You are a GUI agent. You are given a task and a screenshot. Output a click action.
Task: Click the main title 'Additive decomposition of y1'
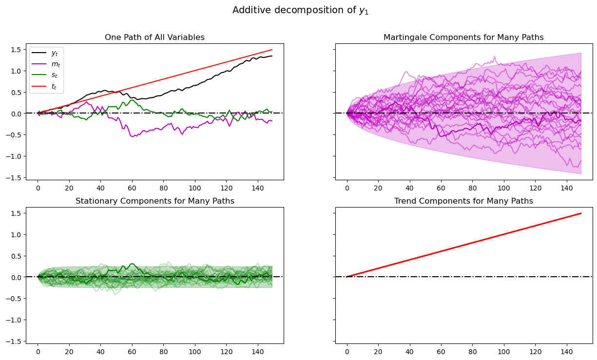[300, 10]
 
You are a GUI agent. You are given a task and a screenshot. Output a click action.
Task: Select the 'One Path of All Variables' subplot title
[154, 38]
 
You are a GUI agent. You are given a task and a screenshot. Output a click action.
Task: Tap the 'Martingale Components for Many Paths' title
[463, 38]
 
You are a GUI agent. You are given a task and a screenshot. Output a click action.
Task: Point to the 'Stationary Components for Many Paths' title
[154, 201]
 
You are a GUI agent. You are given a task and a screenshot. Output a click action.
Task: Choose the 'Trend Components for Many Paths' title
[463, 201]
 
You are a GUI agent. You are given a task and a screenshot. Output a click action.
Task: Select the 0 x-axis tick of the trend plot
[347, 351]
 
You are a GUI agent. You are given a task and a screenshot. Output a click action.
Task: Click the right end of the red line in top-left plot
[272, 50]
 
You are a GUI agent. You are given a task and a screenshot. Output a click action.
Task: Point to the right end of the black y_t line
[272, 56]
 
